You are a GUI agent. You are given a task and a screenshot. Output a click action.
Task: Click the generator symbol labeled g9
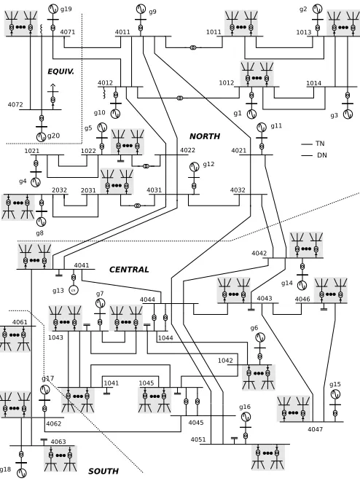(141, 9)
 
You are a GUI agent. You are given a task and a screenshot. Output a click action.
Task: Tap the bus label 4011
(122, 32)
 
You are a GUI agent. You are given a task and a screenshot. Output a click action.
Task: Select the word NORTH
(205, 136)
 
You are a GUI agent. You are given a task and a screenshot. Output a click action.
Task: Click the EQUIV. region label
(60, 71)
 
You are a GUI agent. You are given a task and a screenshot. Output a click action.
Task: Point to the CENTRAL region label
(129, 270)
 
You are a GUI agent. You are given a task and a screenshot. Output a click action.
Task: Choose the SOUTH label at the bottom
(103, 471)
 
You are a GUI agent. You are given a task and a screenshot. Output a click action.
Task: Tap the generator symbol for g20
(42, 137)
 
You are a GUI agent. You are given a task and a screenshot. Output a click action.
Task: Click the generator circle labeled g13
(74, 289)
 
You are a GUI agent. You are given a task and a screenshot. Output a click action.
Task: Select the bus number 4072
(15, 105)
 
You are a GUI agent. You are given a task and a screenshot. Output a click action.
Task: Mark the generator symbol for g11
(262, 128)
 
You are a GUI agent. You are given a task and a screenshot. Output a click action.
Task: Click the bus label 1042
(225, 361)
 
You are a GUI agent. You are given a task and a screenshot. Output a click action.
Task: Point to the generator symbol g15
(335, 394)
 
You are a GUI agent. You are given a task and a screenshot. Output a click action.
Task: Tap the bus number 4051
(198, 439)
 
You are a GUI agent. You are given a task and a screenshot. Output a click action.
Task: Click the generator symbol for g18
(21, 473)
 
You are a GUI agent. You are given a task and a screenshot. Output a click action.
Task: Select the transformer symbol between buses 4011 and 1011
(193, 47)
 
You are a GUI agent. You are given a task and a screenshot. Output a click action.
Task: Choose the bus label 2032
(59, 190)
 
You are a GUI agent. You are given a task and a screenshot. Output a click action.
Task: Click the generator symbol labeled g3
(348, 114)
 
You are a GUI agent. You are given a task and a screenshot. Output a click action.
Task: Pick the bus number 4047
(316, 429)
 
